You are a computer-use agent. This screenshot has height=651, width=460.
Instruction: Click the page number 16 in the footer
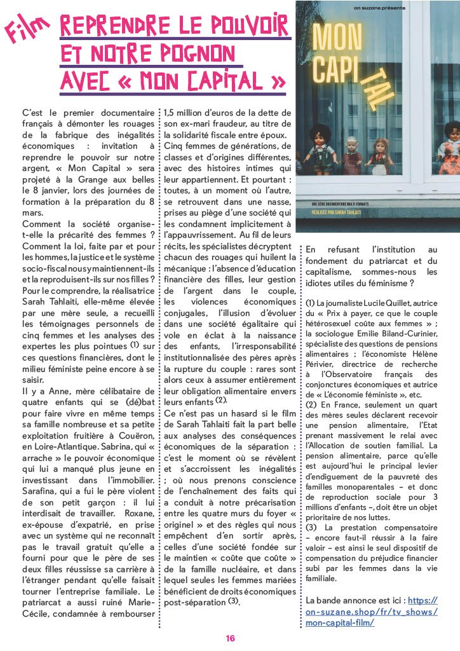tap(230, 638)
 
